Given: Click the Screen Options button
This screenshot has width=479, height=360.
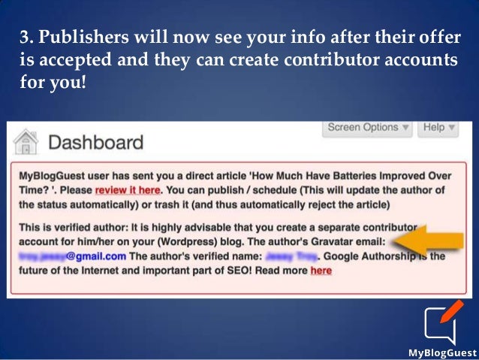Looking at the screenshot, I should click(369, 127).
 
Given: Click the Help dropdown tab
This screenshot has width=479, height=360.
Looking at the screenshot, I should click(438, 127).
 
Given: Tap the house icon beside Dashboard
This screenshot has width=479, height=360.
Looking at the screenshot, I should click(27, 141).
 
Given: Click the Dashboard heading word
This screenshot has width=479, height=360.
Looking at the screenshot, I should click(95, 142).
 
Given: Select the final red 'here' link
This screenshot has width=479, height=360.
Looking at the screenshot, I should click(321, 271).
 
